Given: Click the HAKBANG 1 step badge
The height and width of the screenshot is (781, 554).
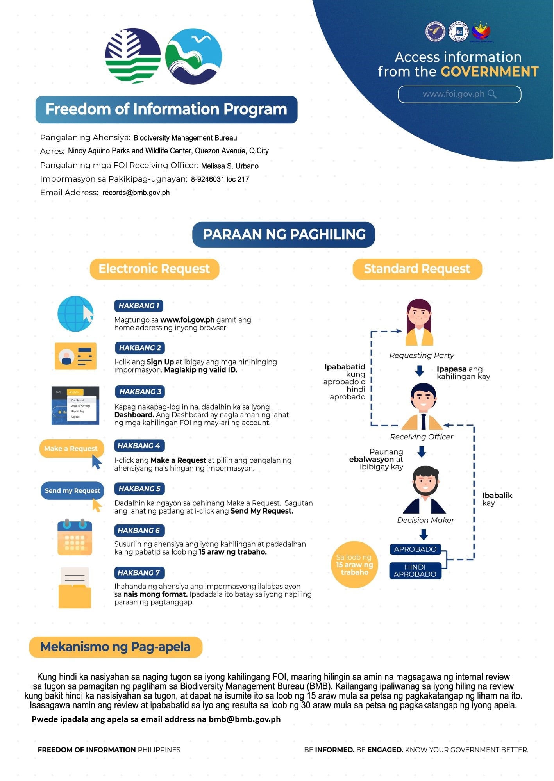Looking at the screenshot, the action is click(x=139, y=306).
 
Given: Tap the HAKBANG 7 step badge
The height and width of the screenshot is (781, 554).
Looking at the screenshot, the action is click(x=139, y=572).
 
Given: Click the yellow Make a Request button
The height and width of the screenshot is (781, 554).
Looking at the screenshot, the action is click(x=71, y=448).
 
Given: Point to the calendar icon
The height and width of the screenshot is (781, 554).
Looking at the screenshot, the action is click(x=75, y=537).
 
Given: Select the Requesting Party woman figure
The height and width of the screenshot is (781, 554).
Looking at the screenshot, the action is click(x=419, y=322).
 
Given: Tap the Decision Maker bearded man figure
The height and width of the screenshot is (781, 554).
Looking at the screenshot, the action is click(x=425, y=490).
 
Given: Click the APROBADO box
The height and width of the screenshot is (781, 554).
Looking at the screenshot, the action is click(x=415, y=549).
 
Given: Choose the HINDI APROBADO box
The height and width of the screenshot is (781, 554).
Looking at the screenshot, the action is click(x=415, y=571).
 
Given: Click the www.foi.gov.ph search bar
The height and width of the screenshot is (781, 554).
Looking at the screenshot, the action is click(x=459, y=94).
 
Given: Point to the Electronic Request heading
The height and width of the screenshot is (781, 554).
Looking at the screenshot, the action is click(x=154, y=269).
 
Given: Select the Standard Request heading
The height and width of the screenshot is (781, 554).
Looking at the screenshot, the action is click(x=417, y=269).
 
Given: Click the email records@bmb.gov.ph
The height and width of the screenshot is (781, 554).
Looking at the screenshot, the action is click(x=136, y=193).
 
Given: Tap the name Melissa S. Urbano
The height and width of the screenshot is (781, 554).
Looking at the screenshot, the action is click(x=230, y=166).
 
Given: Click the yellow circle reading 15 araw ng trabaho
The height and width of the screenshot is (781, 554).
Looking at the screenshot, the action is click(x=355, y=565).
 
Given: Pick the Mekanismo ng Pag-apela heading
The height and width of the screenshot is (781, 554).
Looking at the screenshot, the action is click(x=116, y=647).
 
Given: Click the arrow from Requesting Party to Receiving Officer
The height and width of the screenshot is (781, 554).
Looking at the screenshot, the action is click(x=420, y=371).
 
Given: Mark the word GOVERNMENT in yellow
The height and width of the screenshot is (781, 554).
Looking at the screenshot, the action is click(x=490, y=71).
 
